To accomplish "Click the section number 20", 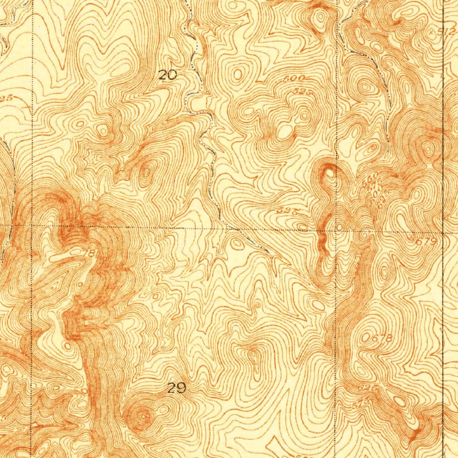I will [x=168, y=76].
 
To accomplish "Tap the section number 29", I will [x=177, y=388].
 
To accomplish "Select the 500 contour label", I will [x=294, y=79].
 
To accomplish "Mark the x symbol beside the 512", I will [x=431, y=33].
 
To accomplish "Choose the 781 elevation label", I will [x=89, y=253].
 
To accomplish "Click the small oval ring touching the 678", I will [x=367, y=336].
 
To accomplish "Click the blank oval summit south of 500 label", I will [x=284, y=131].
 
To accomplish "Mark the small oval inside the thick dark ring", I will [x=330, y=171].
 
